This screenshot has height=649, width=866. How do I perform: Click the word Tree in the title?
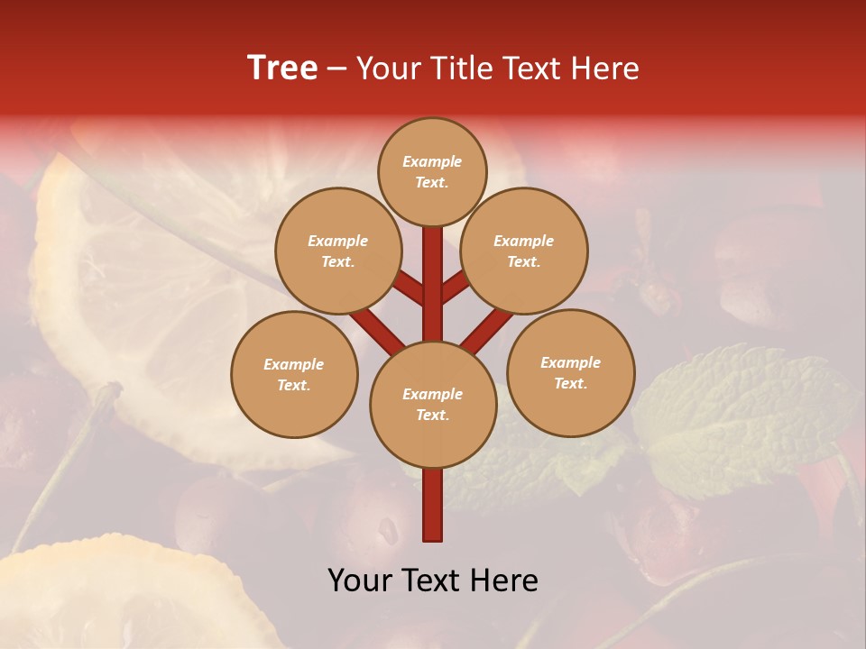click(282, 69)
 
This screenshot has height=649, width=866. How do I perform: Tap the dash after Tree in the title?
click(336, 69)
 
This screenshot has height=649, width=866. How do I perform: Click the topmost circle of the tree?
click(432, 172)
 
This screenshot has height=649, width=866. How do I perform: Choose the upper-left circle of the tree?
click(337, 251)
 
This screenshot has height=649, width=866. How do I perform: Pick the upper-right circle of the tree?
click(523, 251)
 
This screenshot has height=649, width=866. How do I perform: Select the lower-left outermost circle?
click(293, 375)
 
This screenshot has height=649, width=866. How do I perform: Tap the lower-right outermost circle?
click(570, 373)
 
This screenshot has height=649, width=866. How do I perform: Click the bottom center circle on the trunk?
click(432, 405)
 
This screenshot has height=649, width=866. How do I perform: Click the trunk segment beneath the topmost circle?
click(432, 270)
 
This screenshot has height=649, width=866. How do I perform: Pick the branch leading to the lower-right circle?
click(488, 325)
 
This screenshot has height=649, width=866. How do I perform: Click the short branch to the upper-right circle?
click(456, 287)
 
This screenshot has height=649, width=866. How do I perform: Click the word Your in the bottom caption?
click(360, 580)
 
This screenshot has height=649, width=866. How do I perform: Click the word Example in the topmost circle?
click(432, 162)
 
